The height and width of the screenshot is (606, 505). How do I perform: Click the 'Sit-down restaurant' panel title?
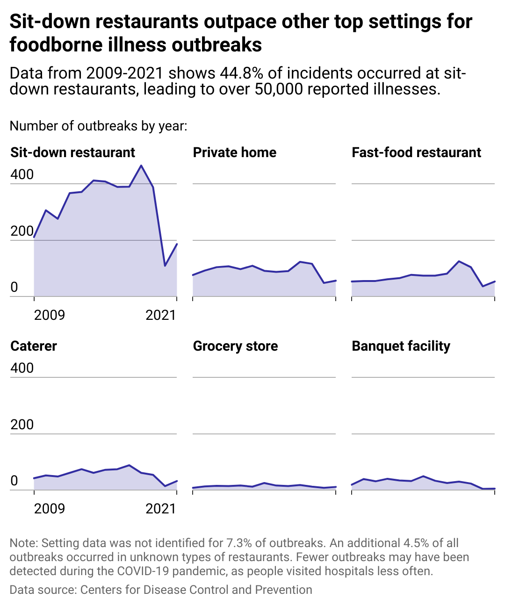click(x=72, y=152)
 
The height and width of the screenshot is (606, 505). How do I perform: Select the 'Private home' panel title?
click(x=234, y=152)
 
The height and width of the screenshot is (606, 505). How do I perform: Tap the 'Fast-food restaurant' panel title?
click(x=416, y=152)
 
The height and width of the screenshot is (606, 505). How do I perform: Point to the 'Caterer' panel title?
click(x=34, y=346)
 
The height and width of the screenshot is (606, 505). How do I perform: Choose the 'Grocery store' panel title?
click(x=235, y=346)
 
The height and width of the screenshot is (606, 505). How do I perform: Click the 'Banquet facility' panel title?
click(x=401, y=346)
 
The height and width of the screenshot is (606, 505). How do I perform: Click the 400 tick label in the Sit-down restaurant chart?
click(x=22, y=174)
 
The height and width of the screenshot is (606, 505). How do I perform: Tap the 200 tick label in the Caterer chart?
click(x=22, y=425)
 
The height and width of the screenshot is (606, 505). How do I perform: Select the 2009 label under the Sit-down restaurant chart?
click(x=50, y=315)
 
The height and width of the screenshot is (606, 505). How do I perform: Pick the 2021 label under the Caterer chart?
click(x=161, y=508)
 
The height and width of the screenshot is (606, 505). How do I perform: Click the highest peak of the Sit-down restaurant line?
click(x=141, y=166)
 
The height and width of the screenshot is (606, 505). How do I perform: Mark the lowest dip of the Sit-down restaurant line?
click(x=165, y=266)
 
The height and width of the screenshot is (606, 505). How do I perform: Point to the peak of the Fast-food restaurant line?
click(x=459, y=261)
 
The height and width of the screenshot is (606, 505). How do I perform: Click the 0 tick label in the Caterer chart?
click(x=14, y=481)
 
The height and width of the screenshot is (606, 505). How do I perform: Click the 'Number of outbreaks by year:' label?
click(x=98, y=126)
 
